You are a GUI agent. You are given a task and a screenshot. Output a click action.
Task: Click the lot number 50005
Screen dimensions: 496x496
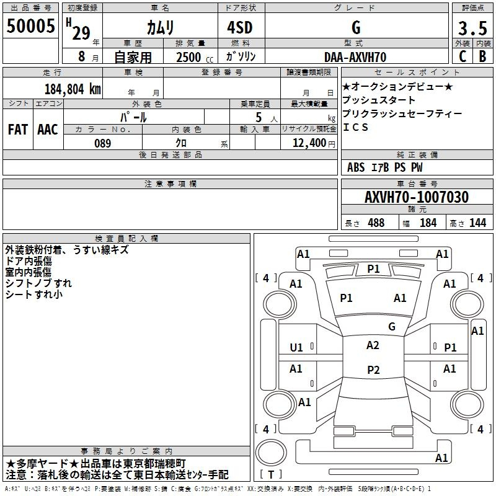coord(30,26)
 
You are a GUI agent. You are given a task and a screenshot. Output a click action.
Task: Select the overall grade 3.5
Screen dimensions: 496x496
coord(472,28)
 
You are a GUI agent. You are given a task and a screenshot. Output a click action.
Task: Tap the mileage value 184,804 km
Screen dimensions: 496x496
coord(73,89)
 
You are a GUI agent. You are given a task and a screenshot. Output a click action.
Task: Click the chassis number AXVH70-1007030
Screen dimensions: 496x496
coord(417,197)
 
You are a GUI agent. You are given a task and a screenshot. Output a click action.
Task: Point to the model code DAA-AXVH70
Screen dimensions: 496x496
coord(355,57)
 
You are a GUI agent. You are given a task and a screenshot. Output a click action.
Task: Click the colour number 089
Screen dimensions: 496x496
coord(103,143)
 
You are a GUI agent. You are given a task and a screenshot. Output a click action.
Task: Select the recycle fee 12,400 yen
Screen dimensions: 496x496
coord(314,143)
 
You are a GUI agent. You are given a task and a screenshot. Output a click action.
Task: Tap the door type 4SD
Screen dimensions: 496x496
coord(240,27)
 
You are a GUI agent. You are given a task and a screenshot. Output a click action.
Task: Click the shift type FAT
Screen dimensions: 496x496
coord(18,130)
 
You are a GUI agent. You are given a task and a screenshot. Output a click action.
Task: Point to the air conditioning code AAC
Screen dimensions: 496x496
coord(48,130)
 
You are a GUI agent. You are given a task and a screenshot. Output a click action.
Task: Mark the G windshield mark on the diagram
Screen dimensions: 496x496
coord(392,326)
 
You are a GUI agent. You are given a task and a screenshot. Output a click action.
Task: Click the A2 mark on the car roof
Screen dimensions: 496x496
coord(373,345)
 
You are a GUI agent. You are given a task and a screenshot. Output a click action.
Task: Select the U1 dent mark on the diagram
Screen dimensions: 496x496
coord(296,348)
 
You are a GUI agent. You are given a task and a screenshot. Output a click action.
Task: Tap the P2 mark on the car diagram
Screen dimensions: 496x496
coord(373,370)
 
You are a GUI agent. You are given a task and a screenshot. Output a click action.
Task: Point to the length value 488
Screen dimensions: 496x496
coord(376,223)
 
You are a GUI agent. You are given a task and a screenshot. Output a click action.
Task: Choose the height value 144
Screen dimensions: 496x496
coord(477,223)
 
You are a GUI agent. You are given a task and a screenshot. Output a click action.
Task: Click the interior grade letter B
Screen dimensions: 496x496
coord(482,56)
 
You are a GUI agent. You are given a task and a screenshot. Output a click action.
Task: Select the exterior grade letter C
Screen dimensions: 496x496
coord(463,56)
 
